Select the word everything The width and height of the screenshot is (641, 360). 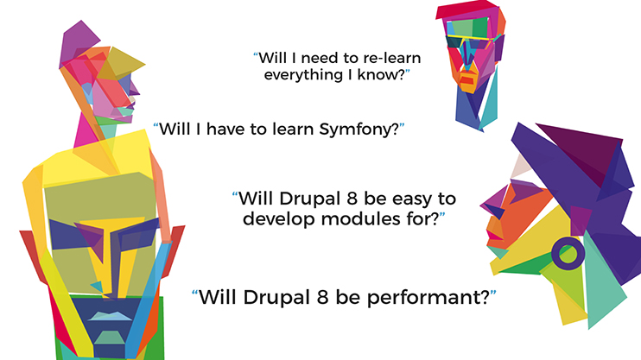(309, 76)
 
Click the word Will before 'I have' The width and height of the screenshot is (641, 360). (175, 130)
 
